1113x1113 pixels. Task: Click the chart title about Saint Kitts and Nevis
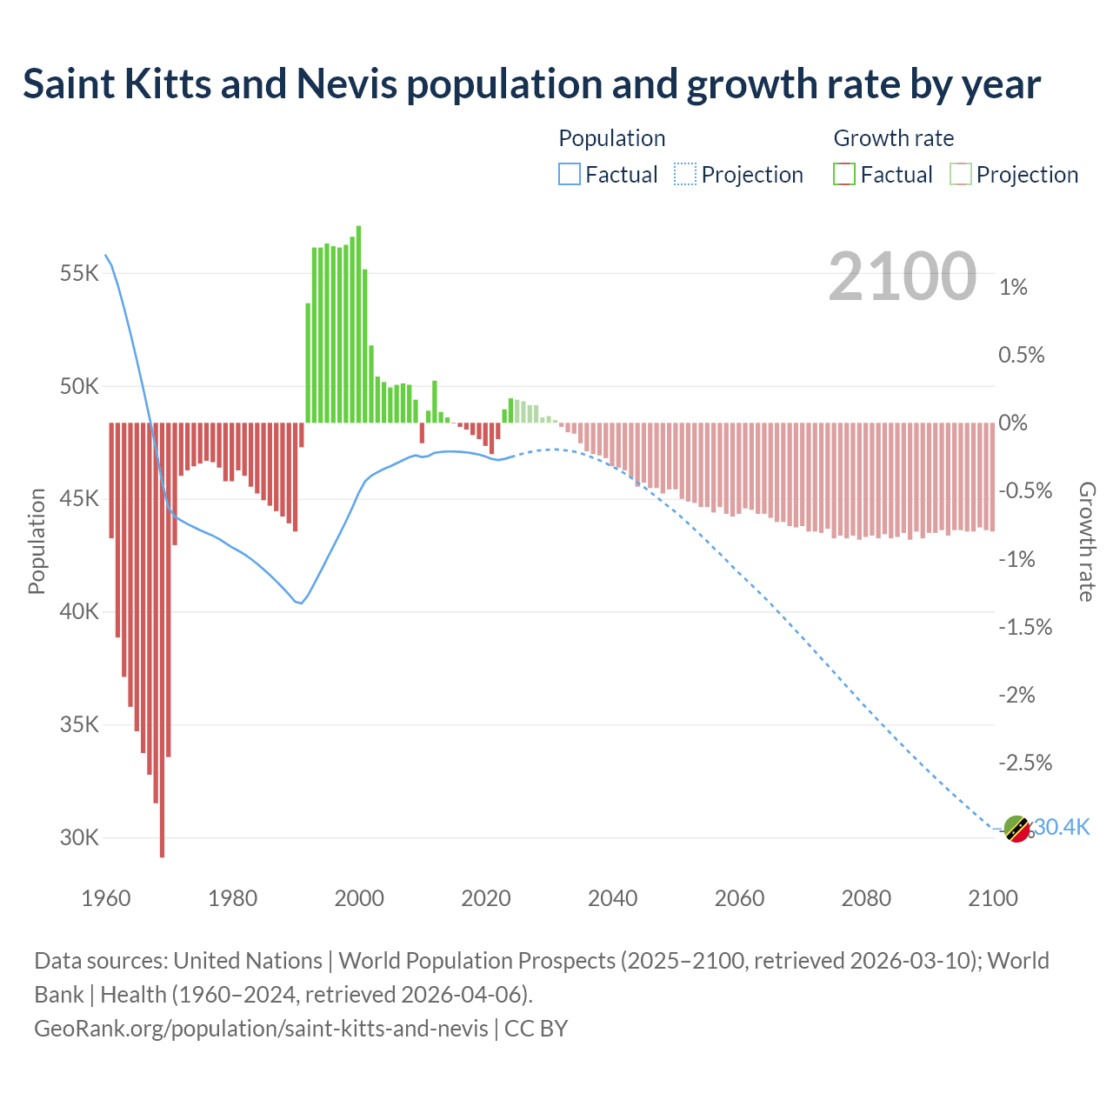pos(531,84)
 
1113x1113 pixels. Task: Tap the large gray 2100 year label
pos(902,277)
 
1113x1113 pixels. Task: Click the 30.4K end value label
pos(1062,827)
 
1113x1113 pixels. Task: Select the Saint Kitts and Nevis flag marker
pos(1016,830)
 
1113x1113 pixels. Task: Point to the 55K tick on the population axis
pos(80,274)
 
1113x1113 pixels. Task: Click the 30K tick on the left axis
pos(80,838)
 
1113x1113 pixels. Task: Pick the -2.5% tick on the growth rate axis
pos(1025,763)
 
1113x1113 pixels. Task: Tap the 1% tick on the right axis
pos(1013,288)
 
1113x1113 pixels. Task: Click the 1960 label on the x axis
pos(106,898)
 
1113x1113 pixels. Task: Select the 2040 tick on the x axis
pos(612,898)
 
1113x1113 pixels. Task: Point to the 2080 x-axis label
pos(866,898)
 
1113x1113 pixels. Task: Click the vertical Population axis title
pos(37,541)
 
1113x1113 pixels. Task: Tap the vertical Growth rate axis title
pos(1087,541)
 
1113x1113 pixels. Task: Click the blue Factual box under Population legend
pos(570,175)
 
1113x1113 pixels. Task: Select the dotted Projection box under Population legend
pos(685,175)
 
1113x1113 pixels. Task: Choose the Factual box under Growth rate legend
pos(844,175)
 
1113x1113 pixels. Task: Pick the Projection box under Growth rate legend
pos(961,175)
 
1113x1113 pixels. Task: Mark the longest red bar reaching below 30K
pos(162,639)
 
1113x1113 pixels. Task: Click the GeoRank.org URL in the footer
pos(261,1029)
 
